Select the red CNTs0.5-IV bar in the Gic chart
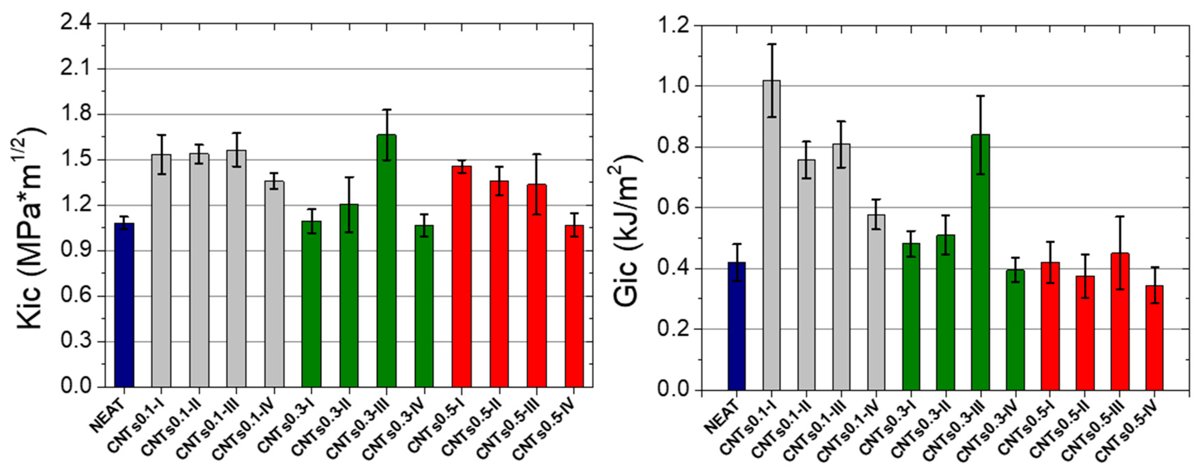point(1155,338)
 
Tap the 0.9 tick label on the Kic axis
point(77,251)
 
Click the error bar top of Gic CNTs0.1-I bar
point(772,44)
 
